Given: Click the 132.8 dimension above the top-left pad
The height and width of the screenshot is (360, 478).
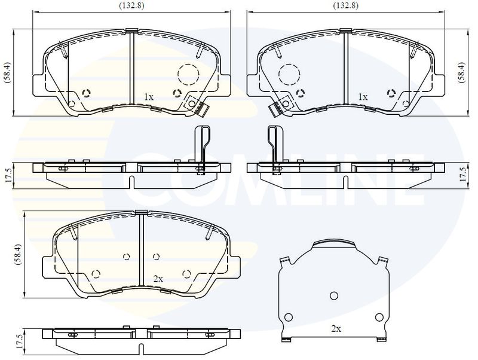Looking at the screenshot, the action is [131, 5].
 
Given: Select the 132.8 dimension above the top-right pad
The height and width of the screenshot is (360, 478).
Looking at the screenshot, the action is [346, 5].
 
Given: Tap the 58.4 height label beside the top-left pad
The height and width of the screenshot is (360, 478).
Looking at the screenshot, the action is [8, 72].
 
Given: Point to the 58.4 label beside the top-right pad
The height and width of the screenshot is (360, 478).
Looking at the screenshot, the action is [462, 72].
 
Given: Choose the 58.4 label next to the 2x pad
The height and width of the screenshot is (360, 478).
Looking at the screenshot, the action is [19, 254].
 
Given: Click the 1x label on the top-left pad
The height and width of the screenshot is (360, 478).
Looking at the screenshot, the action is [148, 97].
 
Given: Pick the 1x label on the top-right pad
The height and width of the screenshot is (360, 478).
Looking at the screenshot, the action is [363, 97].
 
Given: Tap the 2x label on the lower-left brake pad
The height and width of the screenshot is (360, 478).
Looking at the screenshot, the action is [158, 279].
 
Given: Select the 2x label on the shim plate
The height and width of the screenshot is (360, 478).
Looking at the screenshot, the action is [336, 329].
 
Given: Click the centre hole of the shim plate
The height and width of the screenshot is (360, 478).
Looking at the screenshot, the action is [334, 295].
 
